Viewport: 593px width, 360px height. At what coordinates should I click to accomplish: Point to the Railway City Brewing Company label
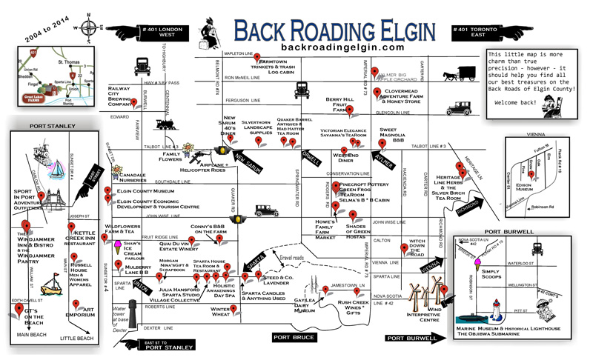pyautogui.click(x=124, y=94)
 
